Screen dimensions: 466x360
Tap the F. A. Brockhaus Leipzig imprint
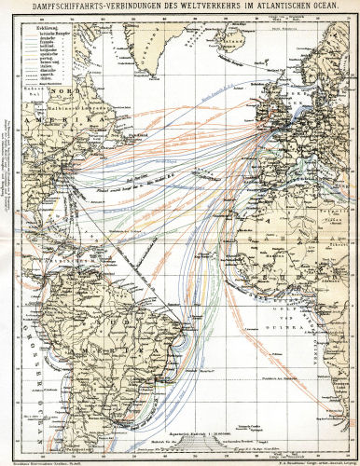coord(303,459)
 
